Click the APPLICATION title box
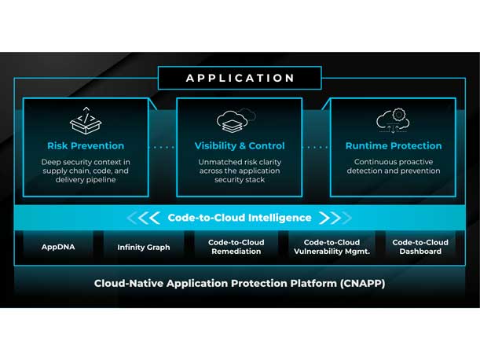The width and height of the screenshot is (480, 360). [x=240, y=78]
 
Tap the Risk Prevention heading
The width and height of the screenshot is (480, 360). [x=86, y=146]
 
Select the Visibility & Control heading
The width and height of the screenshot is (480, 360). [x=240, y=146]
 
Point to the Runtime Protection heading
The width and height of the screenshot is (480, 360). [x=394, y=146]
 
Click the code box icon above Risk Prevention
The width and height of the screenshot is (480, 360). [x=86, y=120]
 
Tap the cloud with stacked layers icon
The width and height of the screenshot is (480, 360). [x=236, y=121]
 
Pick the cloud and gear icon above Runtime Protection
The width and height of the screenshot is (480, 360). [x=394, y=120]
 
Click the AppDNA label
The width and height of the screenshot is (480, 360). [x=58, y=247]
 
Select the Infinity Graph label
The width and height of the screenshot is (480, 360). [x=144, y=248]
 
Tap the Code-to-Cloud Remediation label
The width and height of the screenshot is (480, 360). [x=236, y=247]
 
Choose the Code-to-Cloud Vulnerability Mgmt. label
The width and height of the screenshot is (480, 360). [x=332, y=247]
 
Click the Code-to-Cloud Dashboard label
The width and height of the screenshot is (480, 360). [x=420, y=247]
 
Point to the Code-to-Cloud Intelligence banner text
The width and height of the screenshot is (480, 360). [x=240, y=218]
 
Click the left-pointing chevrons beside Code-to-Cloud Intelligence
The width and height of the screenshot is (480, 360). [x=143, y=218]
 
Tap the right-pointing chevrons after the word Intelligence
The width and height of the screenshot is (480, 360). [x=335, y=218]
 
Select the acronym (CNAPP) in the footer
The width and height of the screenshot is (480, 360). [x=362, y=284]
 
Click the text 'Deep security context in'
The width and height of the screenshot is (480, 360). [x=86, y=162]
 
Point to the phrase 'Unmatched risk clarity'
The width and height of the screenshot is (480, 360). [x=240, y=162]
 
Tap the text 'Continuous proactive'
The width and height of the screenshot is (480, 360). [x=394, y=162]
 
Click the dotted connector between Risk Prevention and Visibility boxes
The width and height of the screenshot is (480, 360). [x=163, y=147]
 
